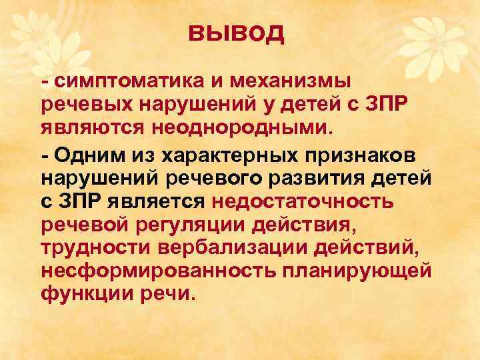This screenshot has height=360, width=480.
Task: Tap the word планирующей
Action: tap(357, 271)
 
